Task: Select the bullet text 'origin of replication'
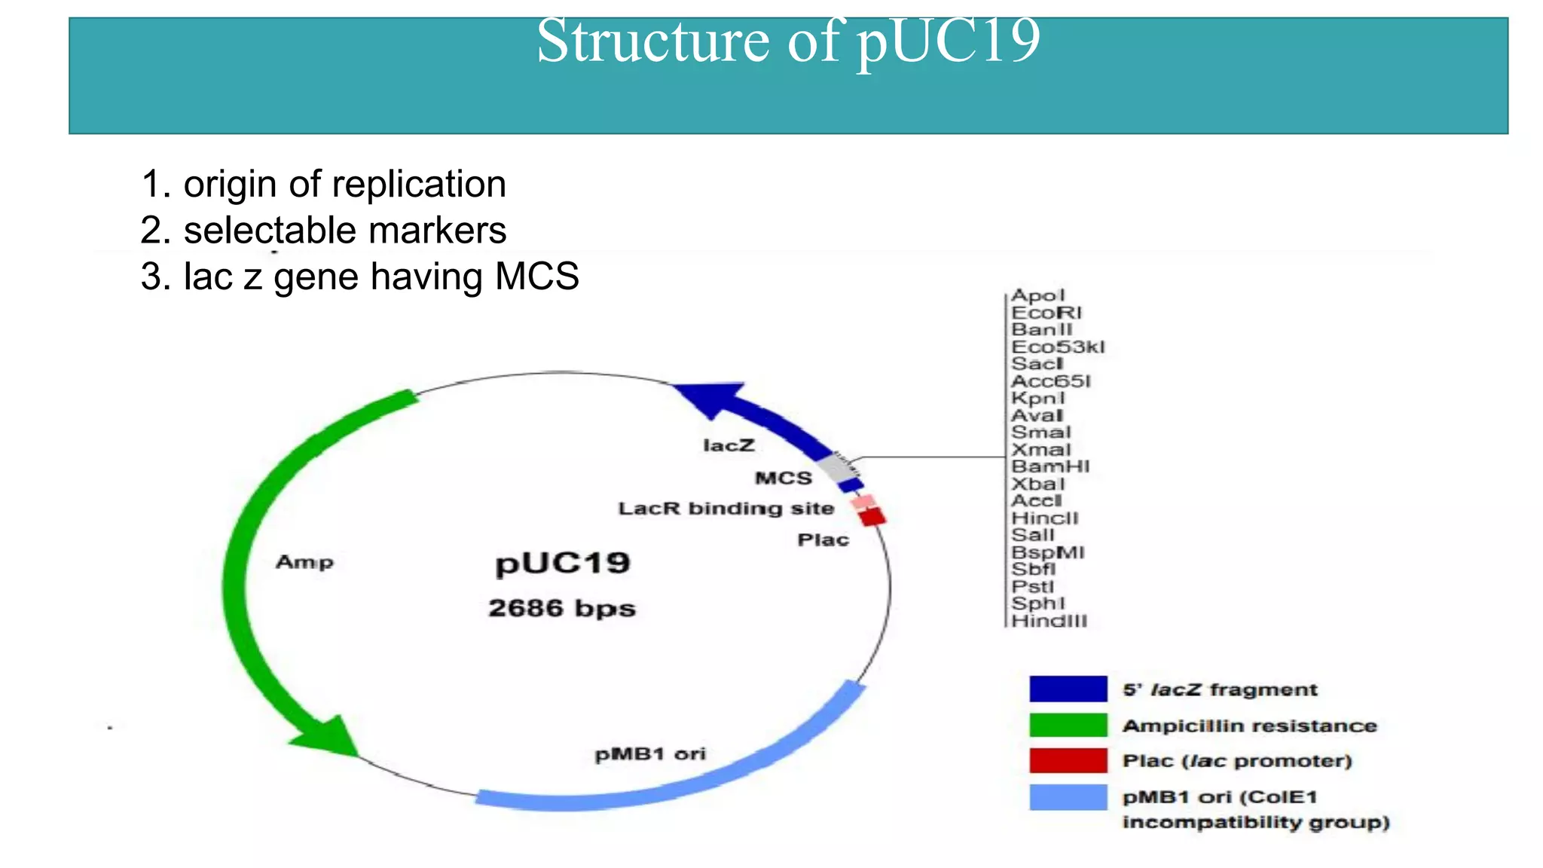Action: (344, 185)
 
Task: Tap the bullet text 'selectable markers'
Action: (344, 231)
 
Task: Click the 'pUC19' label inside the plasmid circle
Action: (562, 564)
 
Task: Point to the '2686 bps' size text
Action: (562, 608)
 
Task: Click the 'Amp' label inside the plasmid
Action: (304, 562)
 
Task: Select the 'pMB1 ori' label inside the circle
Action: (650, 754)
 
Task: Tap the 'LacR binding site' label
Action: (726, 509)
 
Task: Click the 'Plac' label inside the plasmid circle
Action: (823, 540)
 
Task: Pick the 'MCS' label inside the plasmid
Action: (784, 478)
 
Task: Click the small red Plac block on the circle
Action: (872, 517)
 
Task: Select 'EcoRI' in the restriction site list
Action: (1046, 313)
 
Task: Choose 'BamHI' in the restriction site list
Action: (1050, 466)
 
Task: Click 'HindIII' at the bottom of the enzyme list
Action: (1049, 621)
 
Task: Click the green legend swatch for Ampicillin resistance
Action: (1068, 726)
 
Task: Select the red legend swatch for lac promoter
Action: (1068, 761)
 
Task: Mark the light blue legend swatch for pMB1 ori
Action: (1068, 797)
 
